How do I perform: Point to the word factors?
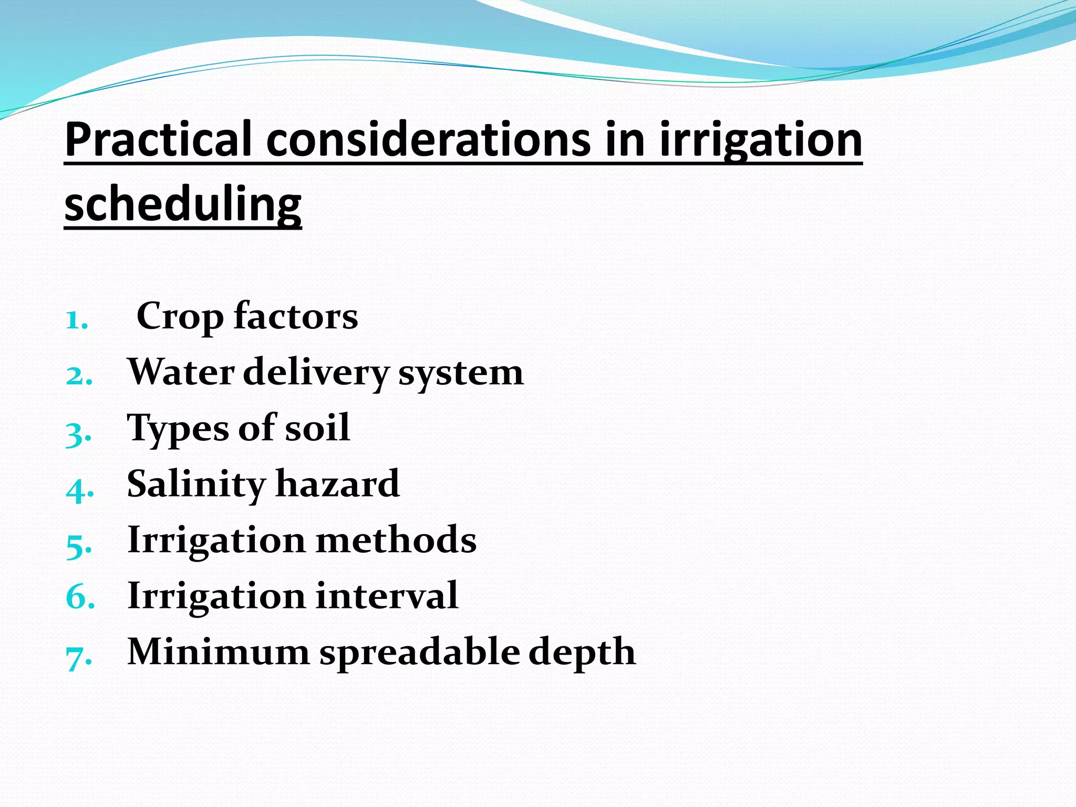coord(296,316)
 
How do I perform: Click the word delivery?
coord(315,373)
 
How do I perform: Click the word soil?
coord(317,428)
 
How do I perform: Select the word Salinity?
coord(196,484)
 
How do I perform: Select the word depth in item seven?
coord(582,653)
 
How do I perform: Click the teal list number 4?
coord(79,490)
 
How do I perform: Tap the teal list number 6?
coord(79,597)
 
